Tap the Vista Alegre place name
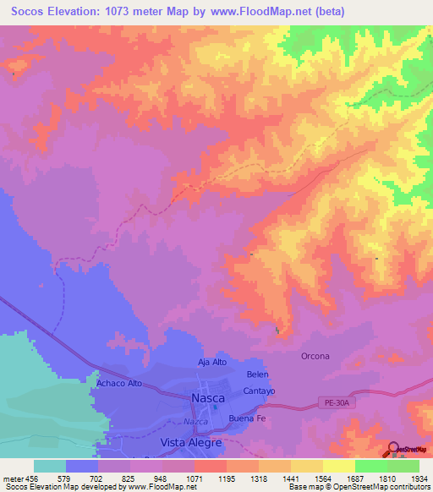(191, 442)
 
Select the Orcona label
(315, 356)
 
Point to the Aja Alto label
(214, 362)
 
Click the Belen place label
(257, 374)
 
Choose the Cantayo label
(259, 391)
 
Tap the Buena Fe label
(248, 418)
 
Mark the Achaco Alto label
(118, 383)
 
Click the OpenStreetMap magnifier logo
(394, 450)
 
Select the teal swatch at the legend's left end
(49, 466)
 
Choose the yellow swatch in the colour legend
(338, 466)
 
